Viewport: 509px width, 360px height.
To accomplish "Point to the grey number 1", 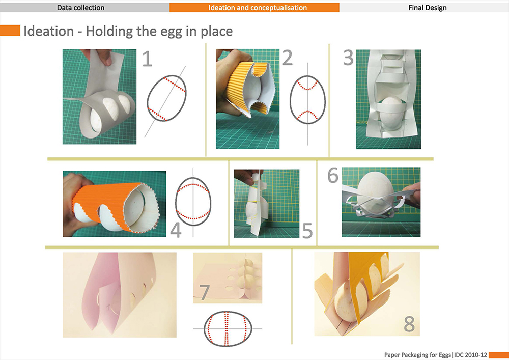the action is pos(147,59).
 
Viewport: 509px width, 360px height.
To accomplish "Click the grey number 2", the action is pos(288,58).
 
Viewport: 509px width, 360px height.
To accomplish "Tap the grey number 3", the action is pos(348,58).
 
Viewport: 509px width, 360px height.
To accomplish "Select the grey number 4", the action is pos(176,230).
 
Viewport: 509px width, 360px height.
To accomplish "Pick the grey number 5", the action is pos(307,231).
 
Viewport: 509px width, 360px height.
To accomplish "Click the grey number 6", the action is pos(333,176).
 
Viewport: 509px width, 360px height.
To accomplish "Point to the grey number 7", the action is pos(204,292).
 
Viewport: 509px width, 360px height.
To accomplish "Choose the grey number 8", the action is pos(409,324).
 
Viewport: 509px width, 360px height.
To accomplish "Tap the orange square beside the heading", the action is pos(10,31).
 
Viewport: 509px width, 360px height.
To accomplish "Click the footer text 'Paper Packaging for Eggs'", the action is pos(418,355).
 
